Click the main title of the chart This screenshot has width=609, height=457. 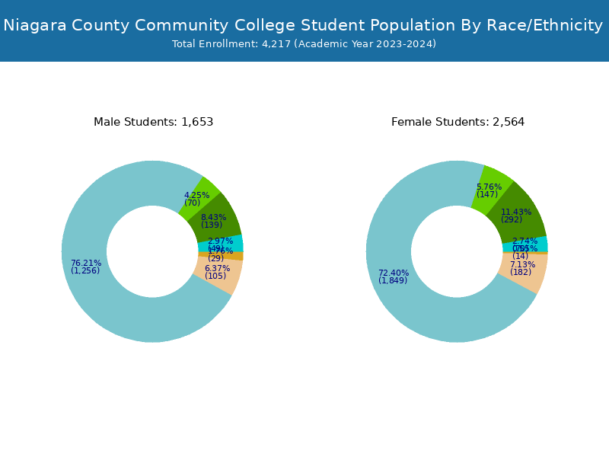point(303,25)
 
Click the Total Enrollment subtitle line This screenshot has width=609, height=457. point(304,44)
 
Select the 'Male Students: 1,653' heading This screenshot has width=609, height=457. point(153,122)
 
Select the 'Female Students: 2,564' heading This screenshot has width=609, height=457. point(458,122)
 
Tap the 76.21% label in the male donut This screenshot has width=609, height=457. point(86,264)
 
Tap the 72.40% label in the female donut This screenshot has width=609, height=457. point(394,273)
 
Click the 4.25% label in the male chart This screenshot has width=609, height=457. point(196,196)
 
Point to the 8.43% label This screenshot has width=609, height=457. point(213,218)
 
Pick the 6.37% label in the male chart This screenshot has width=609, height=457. point(217,269)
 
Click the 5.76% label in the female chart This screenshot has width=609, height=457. point(489,187)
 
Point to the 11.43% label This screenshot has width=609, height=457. point(516,213)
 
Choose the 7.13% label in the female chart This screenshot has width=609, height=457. point(522,265)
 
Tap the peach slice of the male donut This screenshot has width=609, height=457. point(227,277)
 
